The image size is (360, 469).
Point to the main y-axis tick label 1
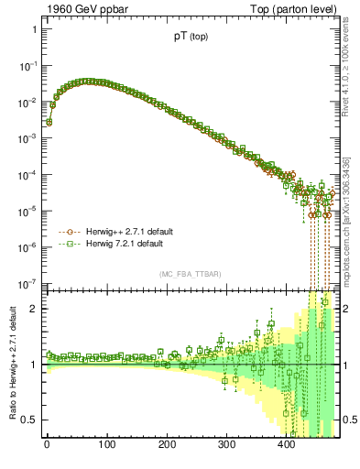pyautogui.click(x=34, y=29)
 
